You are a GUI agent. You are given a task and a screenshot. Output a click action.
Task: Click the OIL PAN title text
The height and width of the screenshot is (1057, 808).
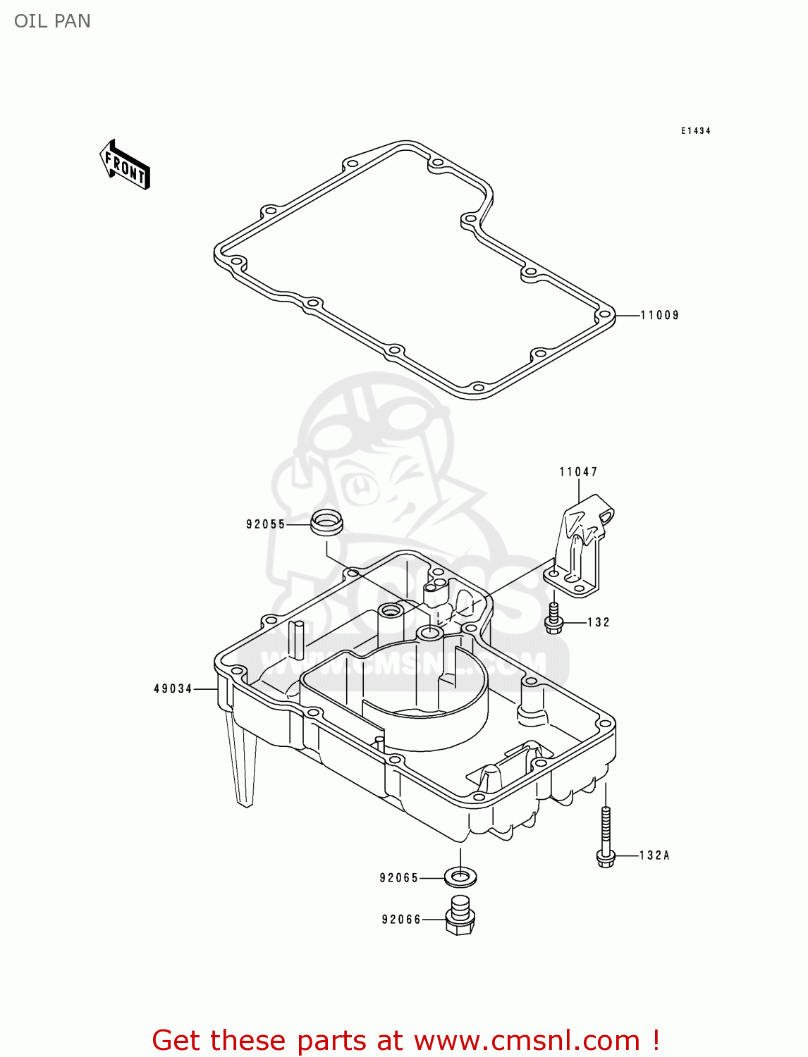point(52,21)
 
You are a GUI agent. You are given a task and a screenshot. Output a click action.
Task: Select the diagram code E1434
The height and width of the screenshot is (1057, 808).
point(695,131)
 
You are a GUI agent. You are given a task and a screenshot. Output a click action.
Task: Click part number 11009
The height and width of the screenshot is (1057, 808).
point(659,316)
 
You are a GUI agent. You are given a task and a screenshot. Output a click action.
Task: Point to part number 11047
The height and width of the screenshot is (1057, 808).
point(578,472)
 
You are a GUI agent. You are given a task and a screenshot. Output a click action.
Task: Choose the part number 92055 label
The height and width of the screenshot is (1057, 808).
point(266,524)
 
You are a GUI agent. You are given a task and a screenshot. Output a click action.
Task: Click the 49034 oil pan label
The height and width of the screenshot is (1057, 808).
point(173,688)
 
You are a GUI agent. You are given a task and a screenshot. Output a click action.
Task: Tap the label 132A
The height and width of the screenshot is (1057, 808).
point(654,855)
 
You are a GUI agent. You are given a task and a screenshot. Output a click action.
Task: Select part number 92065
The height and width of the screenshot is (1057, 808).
point(399,878)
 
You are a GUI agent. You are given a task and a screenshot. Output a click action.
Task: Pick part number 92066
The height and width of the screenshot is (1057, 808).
point(401,920)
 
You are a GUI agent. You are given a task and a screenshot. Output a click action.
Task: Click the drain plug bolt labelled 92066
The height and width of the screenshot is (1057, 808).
point(460,915)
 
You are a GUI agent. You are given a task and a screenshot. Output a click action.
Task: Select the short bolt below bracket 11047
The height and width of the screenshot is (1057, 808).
point(554,618)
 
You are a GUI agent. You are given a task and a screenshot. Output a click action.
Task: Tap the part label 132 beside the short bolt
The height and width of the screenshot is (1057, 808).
point(598,622)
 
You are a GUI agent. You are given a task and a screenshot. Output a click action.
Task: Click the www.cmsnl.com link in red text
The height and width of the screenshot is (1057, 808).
point(527,1041)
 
